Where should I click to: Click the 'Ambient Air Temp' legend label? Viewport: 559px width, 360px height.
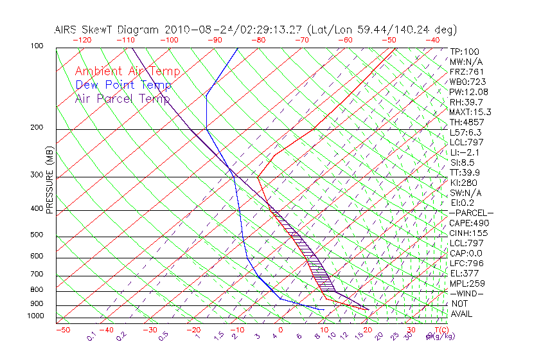point(127,72)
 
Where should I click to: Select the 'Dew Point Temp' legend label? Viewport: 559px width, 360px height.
point(123,85)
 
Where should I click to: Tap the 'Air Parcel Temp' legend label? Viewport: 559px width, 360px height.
point(122,99)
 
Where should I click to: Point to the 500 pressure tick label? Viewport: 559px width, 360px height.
point(37,235)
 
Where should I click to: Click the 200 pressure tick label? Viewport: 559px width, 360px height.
point(37,128)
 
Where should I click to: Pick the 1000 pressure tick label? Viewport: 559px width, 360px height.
point(35,316)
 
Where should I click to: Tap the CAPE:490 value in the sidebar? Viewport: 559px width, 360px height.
point(466,223)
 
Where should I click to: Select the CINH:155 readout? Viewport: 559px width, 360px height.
point(466,233)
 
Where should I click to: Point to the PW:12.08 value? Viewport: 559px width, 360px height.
point(466,92)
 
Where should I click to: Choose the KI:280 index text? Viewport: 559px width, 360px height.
point(463,183)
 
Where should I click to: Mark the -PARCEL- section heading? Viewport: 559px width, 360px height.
point(471,213)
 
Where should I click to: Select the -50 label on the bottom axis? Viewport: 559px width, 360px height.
point(62,330)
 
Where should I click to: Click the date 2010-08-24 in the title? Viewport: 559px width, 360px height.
point(191,30)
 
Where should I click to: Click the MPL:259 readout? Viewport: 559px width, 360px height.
point(466,283)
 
